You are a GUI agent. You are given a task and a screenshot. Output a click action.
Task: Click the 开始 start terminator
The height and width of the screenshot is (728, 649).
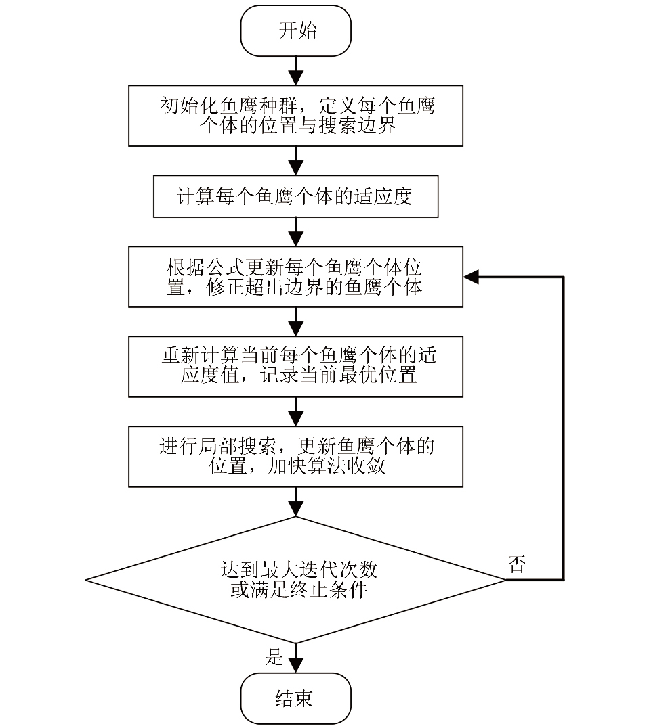tap(296, 31)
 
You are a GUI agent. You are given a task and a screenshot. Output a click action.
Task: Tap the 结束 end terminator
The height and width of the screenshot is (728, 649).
tap(296, 698)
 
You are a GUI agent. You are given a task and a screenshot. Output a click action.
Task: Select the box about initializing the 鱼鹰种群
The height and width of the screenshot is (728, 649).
tap(296, 116)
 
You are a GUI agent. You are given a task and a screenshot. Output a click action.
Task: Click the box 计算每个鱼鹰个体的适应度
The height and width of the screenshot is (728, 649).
tap(296, 197)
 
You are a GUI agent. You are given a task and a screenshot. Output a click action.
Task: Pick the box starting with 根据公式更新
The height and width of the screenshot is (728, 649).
tap(296, 277)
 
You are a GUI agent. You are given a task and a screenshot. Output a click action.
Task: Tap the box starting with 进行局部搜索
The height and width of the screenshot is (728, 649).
tap(296, 456)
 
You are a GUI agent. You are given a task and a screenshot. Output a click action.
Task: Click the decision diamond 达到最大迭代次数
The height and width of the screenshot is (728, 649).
tap(296, 580)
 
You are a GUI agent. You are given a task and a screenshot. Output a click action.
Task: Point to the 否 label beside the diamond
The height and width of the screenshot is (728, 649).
tap(516, 566)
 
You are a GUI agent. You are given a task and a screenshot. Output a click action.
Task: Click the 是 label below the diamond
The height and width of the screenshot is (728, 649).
tap(274, 656)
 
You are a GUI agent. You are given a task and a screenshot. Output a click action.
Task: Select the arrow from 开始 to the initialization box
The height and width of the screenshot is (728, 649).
tap(296, 70)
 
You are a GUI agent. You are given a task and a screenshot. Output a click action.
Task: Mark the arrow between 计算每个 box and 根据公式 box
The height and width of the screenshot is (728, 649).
tap(296, 231)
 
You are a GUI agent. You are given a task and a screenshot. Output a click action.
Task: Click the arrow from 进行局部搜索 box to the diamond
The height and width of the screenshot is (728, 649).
tap(296, 501)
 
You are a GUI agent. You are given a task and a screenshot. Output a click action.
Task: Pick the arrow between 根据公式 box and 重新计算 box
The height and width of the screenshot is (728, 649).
tap(296, 321)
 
